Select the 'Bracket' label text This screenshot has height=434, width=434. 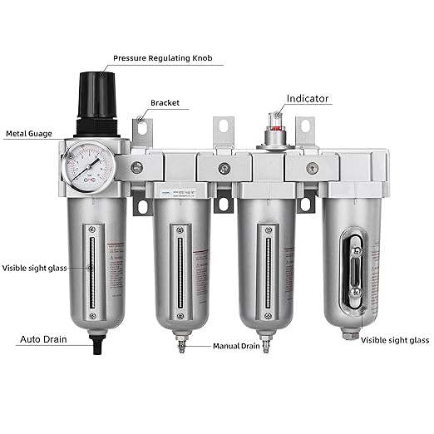coord(166,103)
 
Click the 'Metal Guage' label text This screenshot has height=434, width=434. coord(27,132)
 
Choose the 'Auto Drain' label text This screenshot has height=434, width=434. coord(43,339)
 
